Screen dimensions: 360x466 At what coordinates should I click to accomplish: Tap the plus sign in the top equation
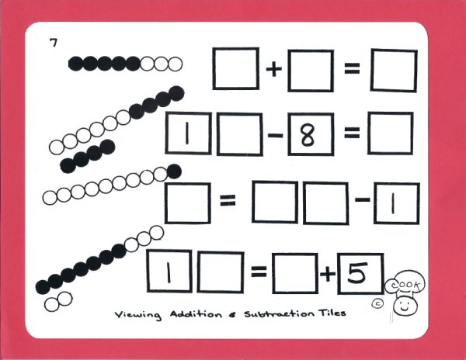[x=273, y=69]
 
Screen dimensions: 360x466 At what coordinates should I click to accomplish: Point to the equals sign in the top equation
[x=352, y=69]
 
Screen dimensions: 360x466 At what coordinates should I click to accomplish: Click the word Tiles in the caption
[x=329, y=314]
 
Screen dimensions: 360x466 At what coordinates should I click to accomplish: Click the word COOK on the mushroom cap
[x=406, y=283]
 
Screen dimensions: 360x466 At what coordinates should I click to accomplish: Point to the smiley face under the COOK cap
[x=405, y=305]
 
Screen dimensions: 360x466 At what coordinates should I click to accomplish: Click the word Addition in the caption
[x=187, y=314]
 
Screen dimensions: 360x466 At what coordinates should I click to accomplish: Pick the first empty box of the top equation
[x=235, y=69]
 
